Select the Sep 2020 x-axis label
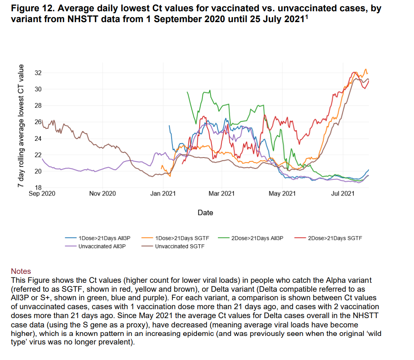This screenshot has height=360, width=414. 42,193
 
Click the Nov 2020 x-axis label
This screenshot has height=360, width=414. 102,193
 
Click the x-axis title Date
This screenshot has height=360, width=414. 205,213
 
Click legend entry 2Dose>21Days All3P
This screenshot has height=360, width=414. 257,238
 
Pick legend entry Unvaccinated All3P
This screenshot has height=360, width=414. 102,246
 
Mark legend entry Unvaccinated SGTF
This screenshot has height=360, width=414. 180,246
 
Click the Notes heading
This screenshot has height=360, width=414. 21,271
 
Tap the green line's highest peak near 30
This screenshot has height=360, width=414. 210,91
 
